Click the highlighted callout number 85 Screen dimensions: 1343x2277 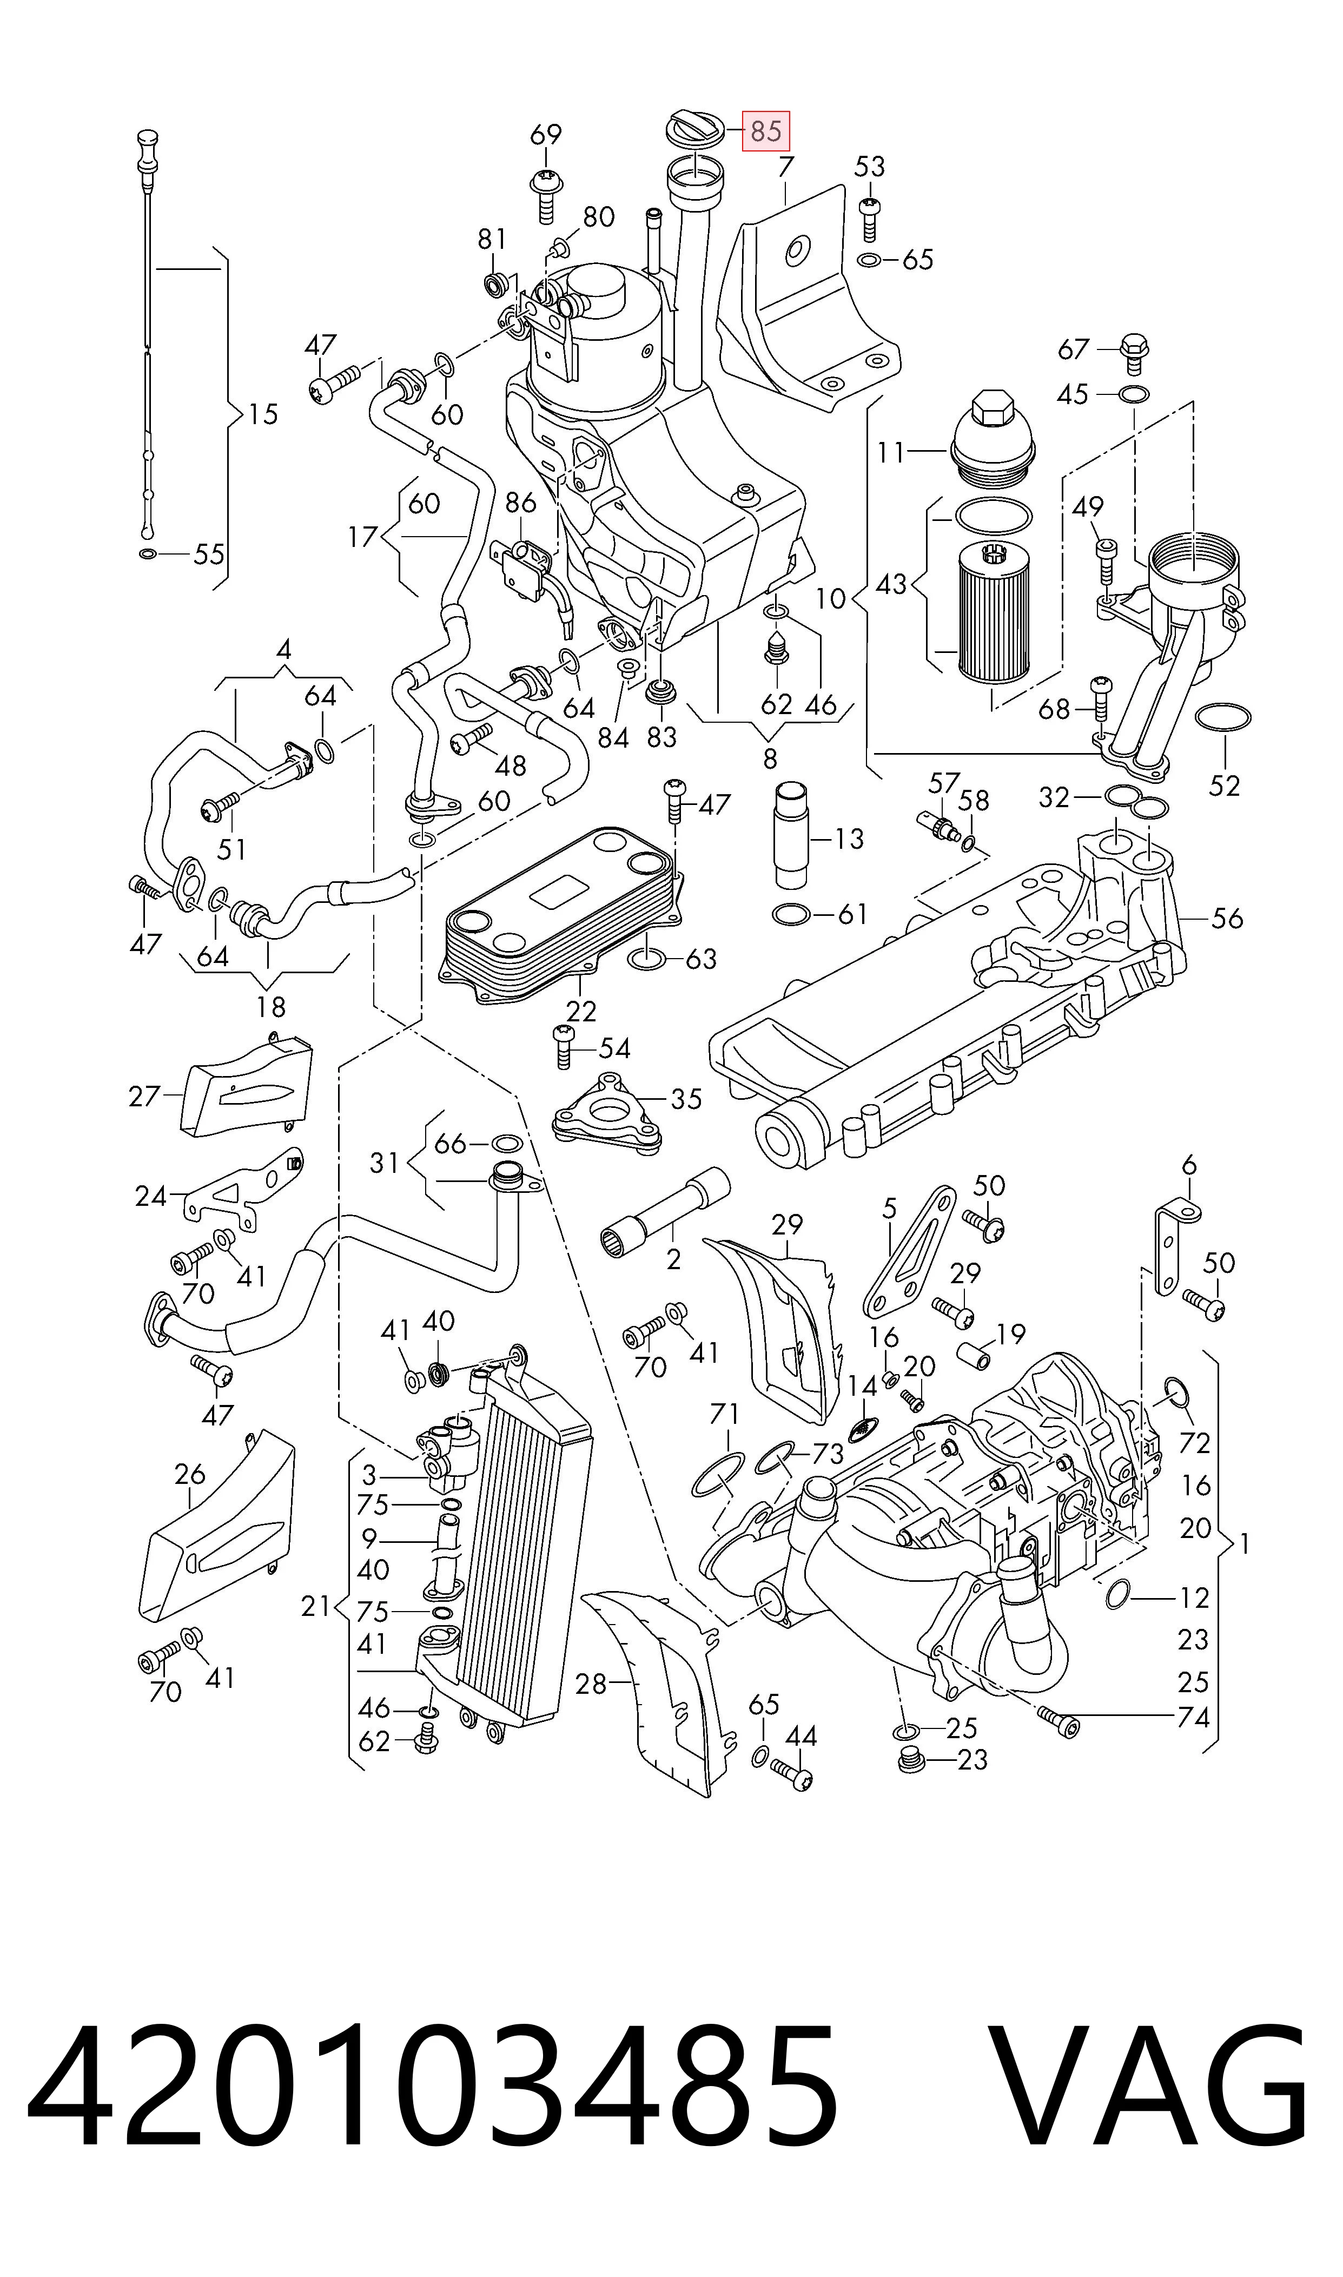coord(766,131)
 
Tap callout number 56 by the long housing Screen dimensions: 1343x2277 coord(1227,919)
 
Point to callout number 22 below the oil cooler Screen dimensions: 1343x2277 coord(580,1011)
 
